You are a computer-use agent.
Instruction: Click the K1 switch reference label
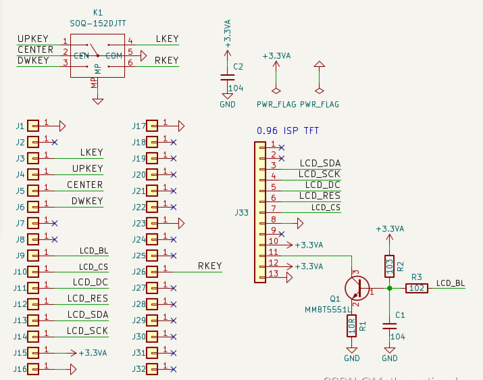(x=98, y=12)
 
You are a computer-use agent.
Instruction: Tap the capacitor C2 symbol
(x=227, y=77)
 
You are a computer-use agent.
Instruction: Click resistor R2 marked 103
(x=389, y=266)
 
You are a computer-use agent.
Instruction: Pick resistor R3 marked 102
(x=417, y=288)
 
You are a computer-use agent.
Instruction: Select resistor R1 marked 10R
(x=351, y=326)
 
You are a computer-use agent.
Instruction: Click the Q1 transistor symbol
(x=355, y=288)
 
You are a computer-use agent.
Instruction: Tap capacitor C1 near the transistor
(x=389, y=325)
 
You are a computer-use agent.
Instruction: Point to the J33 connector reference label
(x=242, y=212)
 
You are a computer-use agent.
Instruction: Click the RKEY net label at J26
(x=209, y=266)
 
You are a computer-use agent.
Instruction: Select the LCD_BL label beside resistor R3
(x=451, y=283)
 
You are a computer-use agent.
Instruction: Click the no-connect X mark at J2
(x=54, y=142)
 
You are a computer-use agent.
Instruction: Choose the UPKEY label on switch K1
(x=33, y=39)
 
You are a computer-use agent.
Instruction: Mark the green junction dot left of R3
(x=389, y=288)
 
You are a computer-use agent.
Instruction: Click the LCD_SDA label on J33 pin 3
(x=320, y=163)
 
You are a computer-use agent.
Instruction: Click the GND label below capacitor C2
(x=227, y=105)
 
